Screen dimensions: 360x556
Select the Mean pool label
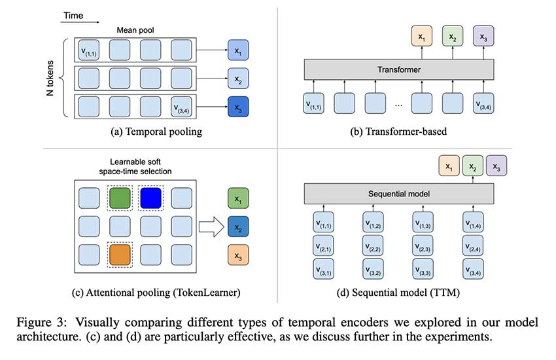point(135,29)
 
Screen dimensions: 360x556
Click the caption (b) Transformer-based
point(398,132)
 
